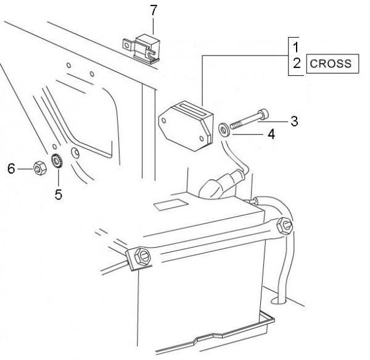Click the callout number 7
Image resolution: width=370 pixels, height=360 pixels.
[x=154, y=10]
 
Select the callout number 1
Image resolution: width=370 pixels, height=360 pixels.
[x=295, y=47]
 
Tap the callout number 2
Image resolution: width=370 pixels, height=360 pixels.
[x=297, y=63]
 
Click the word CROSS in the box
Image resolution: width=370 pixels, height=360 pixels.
[x=331, y=64]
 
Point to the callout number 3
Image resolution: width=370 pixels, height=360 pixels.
[x=294, y=122]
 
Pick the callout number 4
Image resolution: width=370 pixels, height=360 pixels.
[x=271, y=134]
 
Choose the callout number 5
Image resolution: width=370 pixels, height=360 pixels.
[x=59, y=195]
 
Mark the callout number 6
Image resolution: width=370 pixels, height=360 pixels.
[x=11, y=169]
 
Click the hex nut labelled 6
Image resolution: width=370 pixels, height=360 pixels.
[x=40, y=168]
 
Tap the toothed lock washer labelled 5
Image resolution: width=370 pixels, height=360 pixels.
[x=57, y=161]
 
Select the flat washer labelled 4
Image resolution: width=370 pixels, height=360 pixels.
[x=224, y=130]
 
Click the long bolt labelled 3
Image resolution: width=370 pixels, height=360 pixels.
[x=249, y=119]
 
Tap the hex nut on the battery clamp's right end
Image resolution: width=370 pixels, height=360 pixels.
[x=284, y=226]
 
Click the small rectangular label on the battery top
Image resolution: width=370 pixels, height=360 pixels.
[x=171, y=204]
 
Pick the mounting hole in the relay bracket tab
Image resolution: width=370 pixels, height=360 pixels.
[x=127, y=45]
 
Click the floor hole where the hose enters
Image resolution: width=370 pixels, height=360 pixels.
[x=279, y=301]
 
